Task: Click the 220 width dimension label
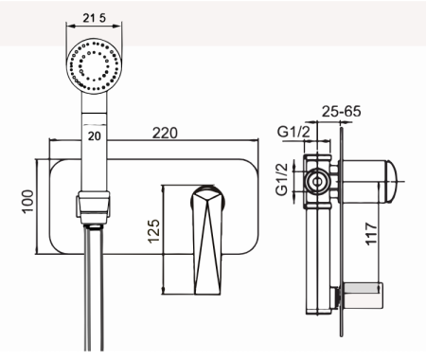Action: pos(165,133)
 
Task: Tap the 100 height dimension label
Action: pos(27,202)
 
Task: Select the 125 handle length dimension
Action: pos(153,231)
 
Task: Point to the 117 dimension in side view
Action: pos(371,233)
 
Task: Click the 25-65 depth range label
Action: pos(341,111)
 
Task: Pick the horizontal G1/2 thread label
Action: pos(293,132)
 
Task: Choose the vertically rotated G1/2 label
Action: pos(282,179)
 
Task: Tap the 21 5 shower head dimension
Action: pos(95,18)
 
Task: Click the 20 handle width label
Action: pos(95,136)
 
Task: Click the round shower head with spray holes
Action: pos(95,66)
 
